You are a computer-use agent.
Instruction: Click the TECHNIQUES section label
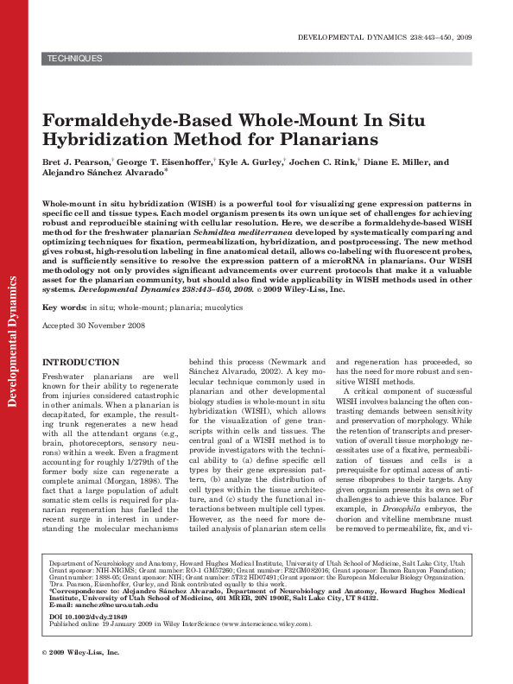[x=75, y=59]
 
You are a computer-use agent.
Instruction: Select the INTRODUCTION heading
[x=81, y=362]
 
